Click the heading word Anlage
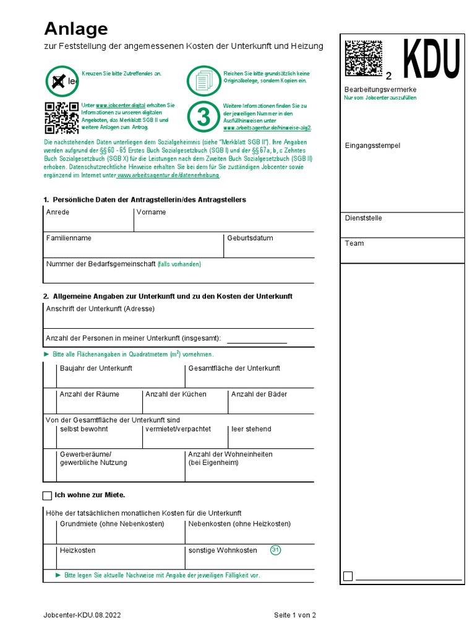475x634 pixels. (x=75, y=29)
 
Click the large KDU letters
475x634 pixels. (x=432, y=59)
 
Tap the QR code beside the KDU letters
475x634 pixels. (x=363, y=59)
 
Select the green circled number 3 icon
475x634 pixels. (x=203, y=116)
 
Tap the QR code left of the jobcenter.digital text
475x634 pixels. (x=61, y=118)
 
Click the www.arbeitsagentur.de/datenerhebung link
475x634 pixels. (x=168, y=175)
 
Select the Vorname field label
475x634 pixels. (x=151, y=212)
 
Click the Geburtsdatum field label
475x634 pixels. (x=250, y=238)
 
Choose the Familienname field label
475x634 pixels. (x=69, y=238)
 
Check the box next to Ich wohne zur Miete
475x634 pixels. (x=48, y=495)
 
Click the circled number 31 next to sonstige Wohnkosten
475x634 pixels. (x=276, y=550)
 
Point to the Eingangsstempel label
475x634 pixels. (x=372, y=145)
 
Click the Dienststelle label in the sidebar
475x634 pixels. (x=363, y=218)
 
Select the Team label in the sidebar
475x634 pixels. (x=354, y=243)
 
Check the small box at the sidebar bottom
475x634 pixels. (x=348, y=576)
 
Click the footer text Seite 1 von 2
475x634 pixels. (x=295, y=615)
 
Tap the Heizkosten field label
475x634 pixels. (x=77, y=550)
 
